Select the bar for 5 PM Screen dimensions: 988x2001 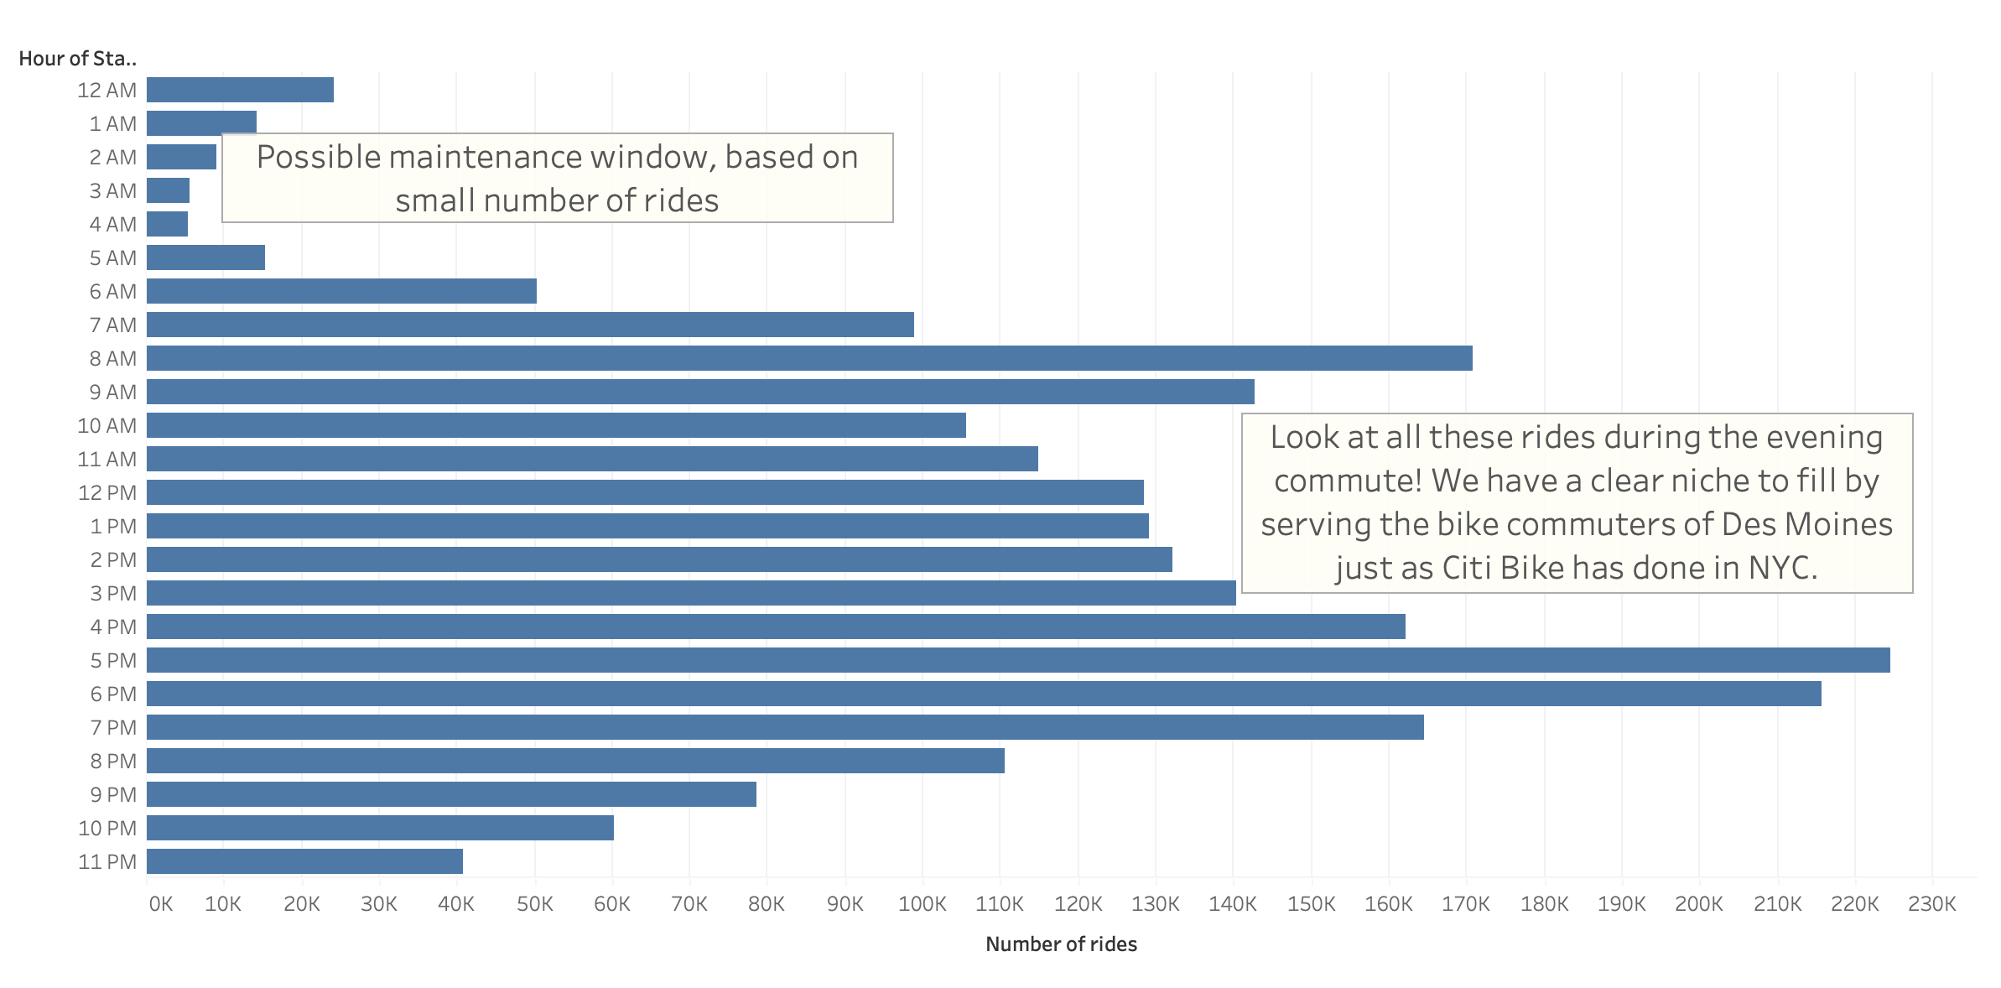1018,660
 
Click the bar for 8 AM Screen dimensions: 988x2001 809,358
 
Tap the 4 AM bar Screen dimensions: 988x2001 167,224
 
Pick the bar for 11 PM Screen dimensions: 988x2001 304,861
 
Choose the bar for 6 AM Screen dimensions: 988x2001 341,291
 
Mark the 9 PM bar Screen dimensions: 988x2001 451,794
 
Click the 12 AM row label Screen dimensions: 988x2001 107,90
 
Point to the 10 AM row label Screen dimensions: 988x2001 107,425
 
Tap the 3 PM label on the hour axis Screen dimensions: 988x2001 113,593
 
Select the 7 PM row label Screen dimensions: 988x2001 113,727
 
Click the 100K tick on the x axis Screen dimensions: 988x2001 922,904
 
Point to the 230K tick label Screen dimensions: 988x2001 1931,904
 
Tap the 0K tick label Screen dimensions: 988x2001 160,904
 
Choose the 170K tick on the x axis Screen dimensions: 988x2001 1466,904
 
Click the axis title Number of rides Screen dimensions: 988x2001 1061,944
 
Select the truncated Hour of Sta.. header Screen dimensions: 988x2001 77,59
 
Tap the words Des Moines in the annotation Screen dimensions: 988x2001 1806,524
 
